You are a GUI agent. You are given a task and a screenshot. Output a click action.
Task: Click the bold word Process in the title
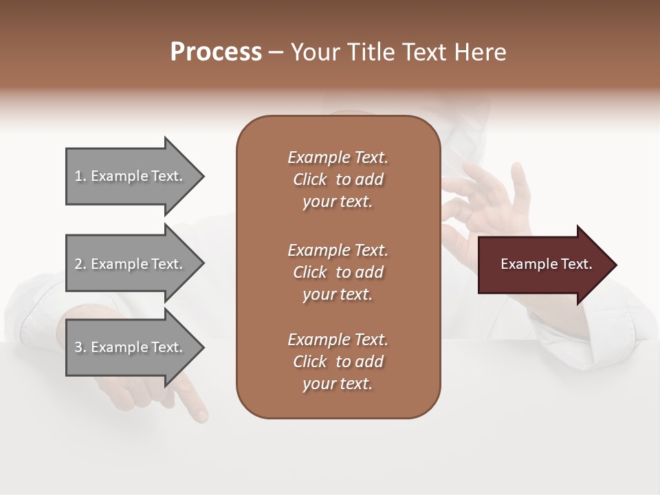(x=216, y=52)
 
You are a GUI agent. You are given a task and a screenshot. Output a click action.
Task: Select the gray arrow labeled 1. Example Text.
(x=131, y=176)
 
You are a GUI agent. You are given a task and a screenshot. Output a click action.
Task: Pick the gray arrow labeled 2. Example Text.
(x=131, y=264)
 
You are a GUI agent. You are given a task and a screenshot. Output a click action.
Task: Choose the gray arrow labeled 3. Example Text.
(x=131, y=347)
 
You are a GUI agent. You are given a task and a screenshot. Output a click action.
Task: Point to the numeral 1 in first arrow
(x=78, y=176)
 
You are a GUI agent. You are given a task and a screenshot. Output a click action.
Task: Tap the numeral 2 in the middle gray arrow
(x=79, y=264)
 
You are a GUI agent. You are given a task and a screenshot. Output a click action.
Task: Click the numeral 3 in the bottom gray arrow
(x=79, y=347)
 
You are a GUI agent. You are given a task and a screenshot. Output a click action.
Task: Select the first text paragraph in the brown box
(x=338, y=179)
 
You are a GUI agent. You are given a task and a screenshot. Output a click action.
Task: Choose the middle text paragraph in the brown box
(x=338, y=272)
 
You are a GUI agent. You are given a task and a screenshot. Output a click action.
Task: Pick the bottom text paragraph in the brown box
(x=338, y=362)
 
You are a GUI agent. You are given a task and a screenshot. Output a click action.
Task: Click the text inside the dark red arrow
(x=546, y=264)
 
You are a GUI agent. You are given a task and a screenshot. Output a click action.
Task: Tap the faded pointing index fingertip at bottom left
(x=199, y=415)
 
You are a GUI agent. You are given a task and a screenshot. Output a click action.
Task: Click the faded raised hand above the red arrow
(x=488, y=199)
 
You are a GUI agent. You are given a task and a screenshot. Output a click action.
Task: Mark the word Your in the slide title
(x=313, y=52)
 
